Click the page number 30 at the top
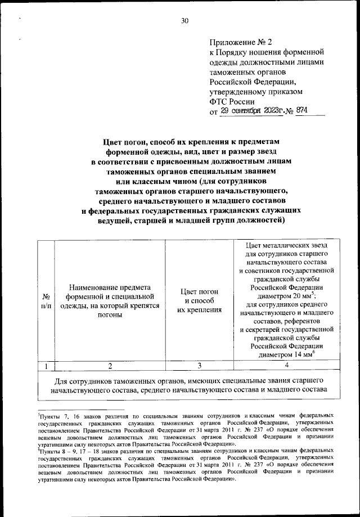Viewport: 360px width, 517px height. [x=184, y=21]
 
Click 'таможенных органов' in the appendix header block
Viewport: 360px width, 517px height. [x=247, y=73]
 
